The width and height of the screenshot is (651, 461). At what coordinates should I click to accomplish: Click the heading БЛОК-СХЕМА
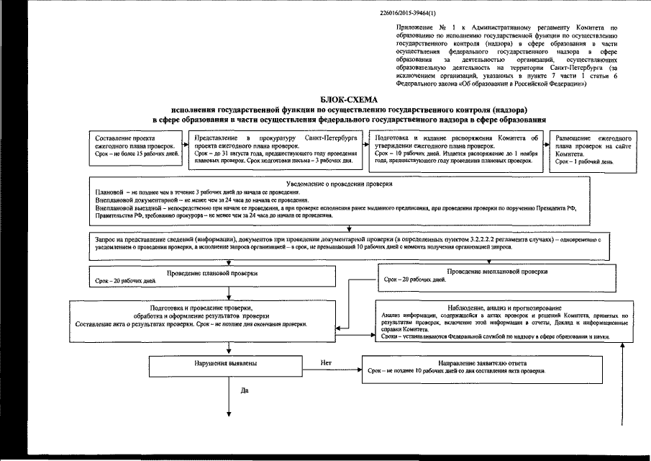pos(348,99)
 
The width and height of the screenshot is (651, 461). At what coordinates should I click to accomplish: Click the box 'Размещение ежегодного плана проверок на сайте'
pos(593,150)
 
